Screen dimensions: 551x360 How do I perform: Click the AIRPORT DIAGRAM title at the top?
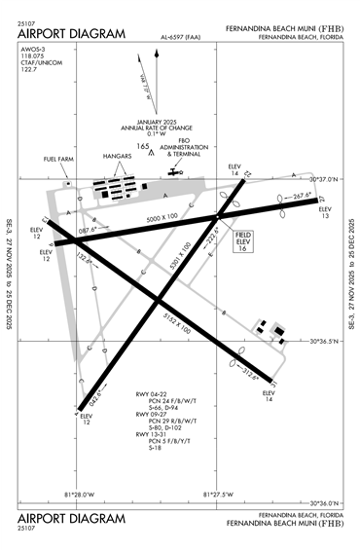coord(72,34)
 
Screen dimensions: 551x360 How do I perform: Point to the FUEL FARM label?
coord(58,158)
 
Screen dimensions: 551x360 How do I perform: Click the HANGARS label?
coord(117,156)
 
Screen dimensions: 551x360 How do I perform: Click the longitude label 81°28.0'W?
coord(80,494)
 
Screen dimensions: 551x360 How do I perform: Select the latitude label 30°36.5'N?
coord(325,342)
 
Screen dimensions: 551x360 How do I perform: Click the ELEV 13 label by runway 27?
coord(325,212)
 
